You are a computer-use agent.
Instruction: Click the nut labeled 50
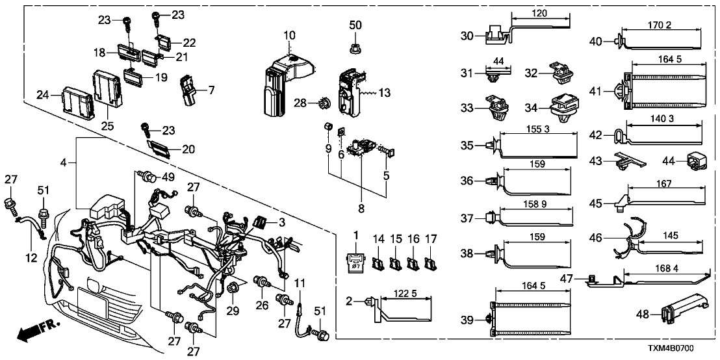tap(355, 47)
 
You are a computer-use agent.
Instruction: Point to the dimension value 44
tap(498, 60)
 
